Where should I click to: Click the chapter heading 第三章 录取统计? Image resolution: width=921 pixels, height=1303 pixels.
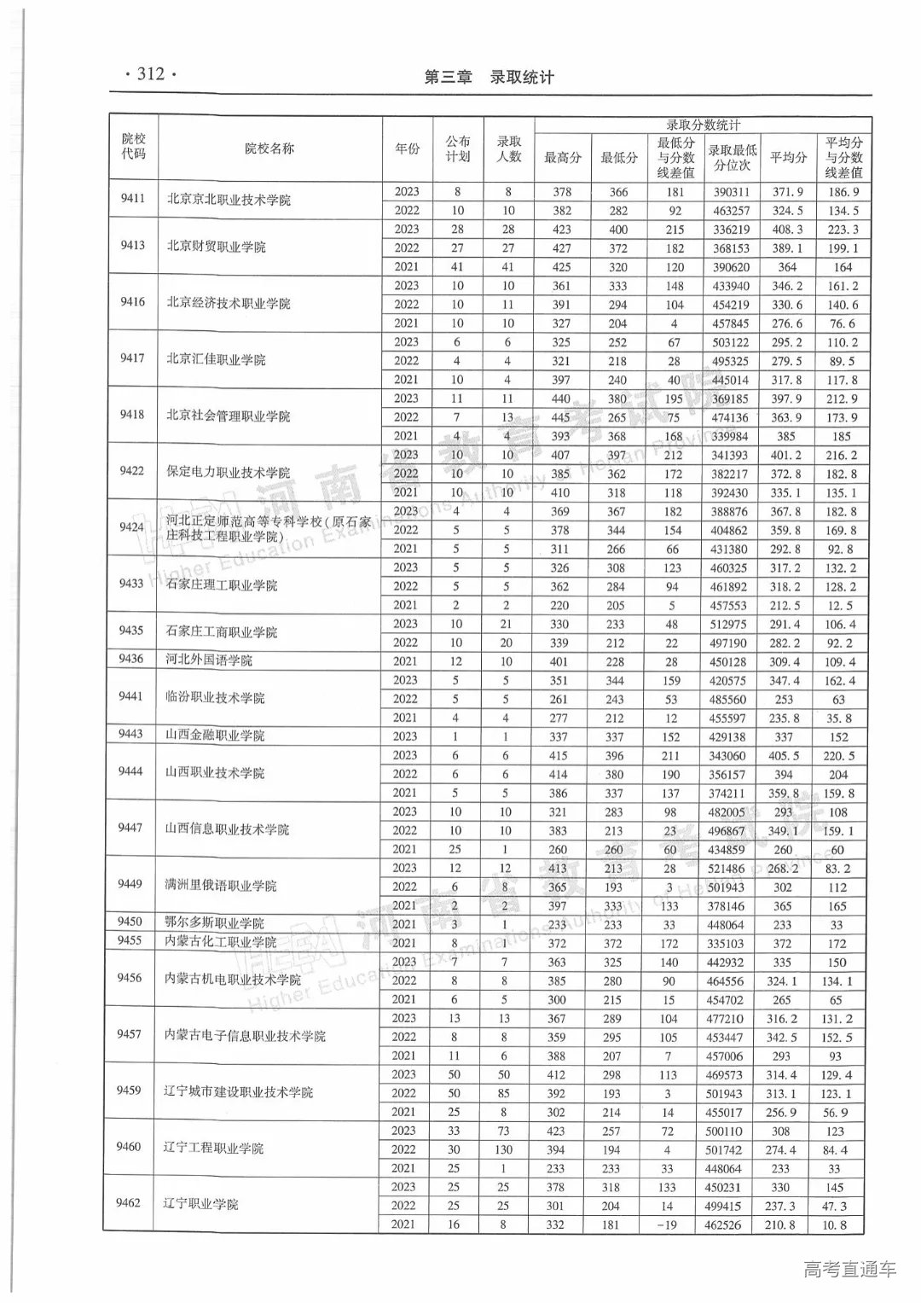489,78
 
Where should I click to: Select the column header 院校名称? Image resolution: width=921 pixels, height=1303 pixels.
269,148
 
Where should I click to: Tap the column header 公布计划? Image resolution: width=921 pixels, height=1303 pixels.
458,148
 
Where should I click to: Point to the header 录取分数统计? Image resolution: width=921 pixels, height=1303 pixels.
703,125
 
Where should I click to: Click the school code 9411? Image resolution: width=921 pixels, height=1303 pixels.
132,199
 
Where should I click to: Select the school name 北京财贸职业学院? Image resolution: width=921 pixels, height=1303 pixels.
217,247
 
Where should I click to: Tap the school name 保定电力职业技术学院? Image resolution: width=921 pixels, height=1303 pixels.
229,472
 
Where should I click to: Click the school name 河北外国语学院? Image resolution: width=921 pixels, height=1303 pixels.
210,660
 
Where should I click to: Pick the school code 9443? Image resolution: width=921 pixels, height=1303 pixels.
130,735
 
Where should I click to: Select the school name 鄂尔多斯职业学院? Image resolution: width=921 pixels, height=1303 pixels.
215,923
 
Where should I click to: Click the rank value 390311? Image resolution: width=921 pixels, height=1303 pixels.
732,193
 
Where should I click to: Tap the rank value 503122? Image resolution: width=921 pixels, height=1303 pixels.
732,343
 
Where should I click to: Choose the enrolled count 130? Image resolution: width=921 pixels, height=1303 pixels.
505,1149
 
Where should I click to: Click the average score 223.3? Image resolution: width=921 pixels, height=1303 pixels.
843,230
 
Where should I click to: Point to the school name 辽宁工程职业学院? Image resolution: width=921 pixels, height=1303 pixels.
214,1149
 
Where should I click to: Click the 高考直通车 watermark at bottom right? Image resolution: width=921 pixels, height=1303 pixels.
850,1269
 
